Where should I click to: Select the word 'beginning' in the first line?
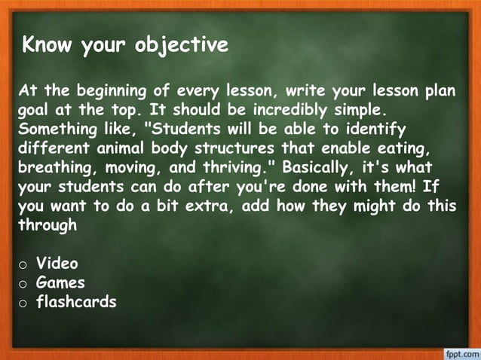109,92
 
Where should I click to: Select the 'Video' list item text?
57,264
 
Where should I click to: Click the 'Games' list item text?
61,283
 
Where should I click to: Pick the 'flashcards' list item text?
77,301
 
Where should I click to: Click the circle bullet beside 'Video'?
24,265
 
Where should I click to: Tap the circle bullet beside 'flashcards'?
24,303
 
